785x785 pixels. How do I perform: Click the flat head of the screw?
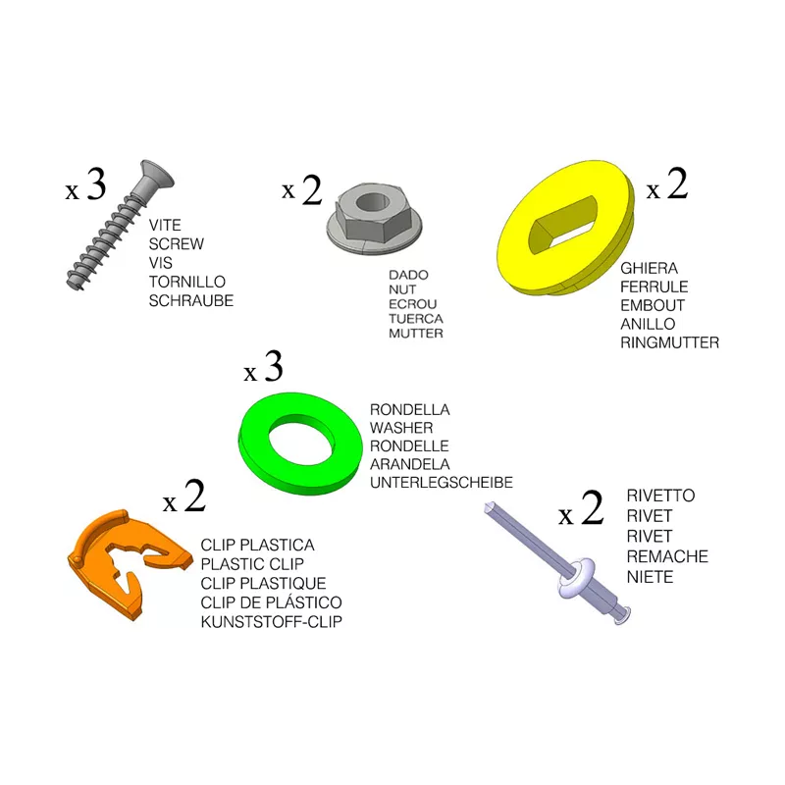[157, 175]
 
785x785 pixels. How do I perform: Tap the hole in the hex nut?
[373, 202]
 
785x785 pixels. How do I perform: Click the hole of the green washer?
[301, 439]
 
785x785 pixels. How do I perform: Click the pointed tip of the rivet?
[488, 506]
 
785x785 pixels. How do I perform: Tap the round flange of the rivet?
[576, 578]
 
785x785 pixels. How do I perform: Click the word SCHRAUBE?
[191, 301]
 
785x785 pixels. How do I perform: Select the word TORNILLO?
[187, 282]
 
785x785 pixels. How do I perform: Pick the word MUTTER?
[416, 334]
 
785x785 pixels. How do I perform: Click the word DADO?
[408, 275]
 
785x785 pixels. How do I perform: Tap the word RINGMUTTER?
[670, 342]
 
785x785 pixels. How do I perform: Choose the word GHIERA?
[650, 268]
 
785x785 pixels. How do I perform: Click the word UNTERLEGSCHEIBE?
[442, 483]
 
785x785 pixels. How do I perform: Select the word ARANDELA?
[410, 464]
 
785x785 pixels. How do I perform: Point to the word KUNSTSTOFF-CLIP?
[272, 622]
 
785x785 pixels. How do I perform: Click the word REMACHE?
[667, 556]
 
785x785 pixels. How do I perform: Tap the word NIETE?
[650, 577]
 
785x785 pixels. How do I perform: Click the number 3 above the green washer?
[274, 366]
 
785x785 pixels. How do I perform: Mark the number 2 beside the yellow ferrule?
[677, 183]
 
